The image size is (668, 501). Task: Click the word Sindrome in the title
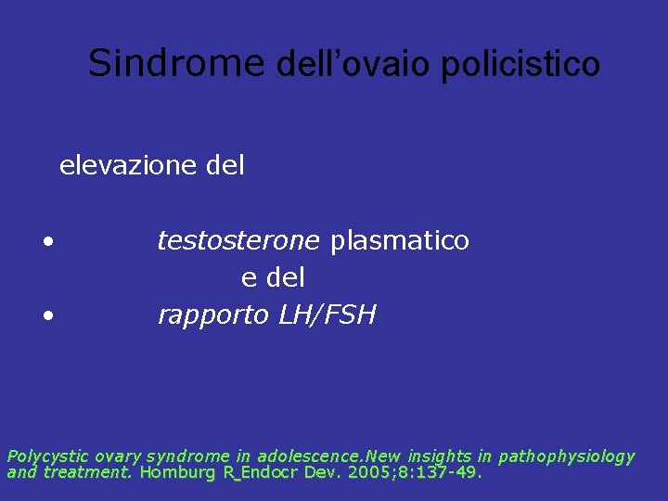click(x=176, y=63)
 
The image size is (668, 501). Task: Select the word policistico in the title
click(x=520, y=64)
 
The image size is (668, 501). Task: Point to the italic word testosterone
click(x=238, y=241)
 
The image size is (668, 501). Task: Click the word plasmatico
click(x=400, y=241)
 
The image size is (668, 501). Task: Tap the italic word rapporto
click(x=213, y=315)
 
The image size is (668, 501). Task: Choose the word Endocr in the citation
click(x=269, y=472)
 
